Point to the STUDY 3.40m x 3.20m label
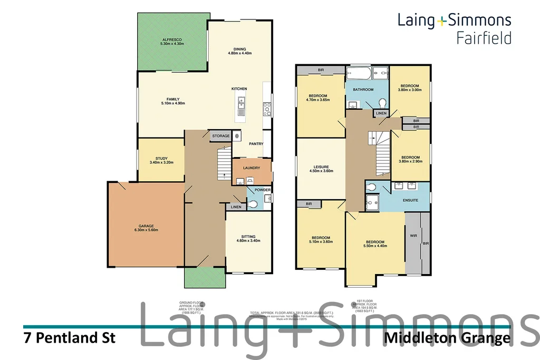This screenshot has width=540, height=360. (x=161, y=161)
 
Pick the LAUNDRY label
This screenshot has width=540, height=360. (x=252, y=168)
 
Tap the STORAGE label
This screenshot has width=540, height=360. (x=221, y=136)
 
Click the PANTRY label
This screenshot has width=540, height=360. (x=256, y=144)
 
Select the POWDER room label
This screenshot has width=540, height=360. (x=262, y=190)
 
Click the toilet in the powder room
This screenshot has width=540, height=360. (x=252, y=203)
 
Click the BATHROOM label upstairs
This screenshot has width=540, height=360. (x=363, y=90)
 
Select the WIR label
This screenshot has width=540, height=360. (x=413, y=236)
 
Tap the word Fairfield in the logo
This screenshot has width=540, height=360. (x=484, y=38)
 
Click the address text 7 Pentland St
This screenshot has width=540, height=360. (x=70, y=338)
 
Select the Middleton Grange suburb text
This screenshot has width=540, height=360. (x=448, y=338)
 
